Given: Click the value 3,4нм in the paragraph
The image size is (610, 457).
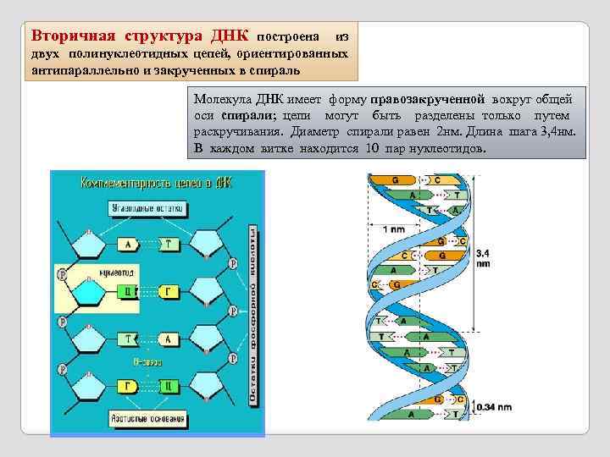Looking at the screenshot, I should (x=557, y=131).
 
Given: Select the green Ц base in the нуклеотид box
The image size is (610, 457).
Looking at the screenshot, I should (x=127, y=292).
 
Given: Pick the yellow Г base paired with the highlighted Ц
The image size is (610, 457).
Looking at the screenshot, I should (x=168, y=292).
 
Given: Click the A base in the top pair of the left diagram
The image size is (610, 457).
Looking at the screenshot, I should (x=128, y=244).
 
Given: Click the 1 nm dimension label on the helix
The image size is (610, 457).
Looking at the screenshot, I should (x=395, y=229).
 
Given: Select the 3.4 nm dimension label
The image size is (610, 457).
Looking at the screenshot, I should (x=483, y=258).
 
